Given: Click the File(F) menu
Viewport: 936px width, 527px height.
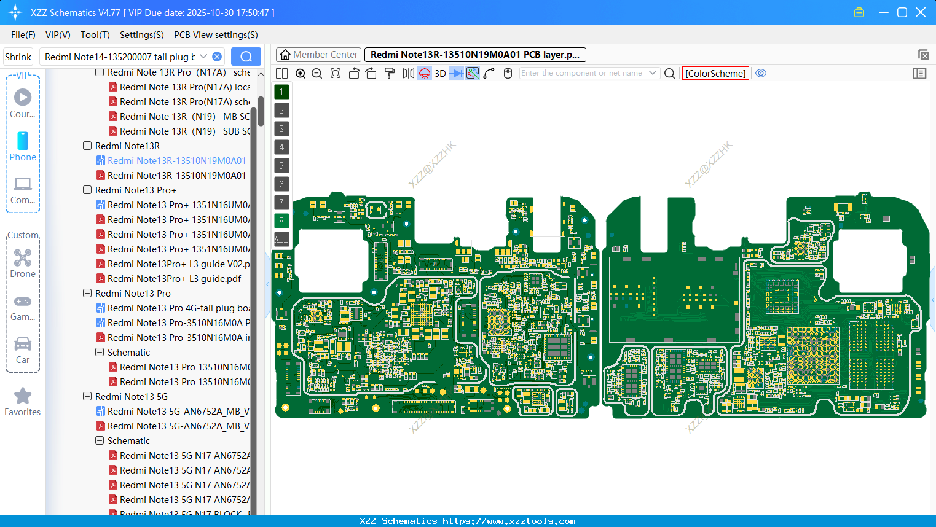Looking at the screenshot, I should [x=23, y=35].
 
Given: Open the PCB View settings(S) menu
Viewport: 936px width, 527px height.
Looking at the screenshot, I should [x=216, y=35].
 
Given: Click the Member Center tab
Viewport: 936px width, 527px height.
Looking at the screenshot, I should [x=318, y=55].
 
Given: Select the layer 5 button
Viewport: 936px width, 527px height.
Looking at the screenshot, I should [x=281, y=165].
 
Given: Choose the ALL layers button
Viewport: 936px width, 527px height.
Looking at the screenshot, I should [x=281, y=239].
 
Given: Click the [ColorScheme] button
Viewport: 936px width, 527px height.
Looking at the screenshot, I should [x=715, y=73].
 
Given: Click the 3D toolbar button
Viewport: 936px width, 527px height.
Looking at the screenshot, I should [x=440, y=73].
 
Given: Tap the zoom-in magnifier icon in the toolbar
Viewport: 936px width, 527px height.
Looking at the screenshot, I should [x=301, y=73].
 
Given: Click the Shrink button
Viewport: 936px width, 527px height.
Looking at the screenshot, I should [x=18, y=57].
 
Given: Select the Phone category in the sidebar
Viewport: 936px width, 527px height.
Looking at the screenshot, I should [x=23, y=146].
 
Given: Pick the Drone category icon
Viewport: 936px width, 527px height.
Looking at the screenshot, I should [x=23, y=263].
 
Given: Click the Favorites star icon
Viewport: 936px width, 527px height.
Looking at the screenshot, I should [x=23, y=401].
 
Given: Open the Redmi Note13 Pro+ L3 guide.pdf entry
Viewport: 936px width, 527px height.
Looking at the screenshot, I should [x=174, y=278].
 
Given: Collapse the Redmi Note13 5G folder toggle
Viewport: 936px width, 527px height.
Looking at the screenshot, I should [x=87, y=396].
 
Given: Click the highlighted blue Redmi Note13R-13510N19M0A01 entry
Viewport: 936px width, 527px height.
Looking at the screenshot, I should [x=176, y=160].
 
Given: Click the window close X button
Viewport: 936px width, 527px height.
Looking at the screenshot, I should [x=921, y=12].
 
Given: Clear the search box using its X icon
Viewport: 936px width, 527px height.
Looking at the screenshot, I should [x=217, y=57].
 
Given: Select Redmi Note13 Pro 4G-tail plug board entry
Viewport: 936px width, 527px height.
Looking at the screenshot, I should [x=178, y=308].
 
